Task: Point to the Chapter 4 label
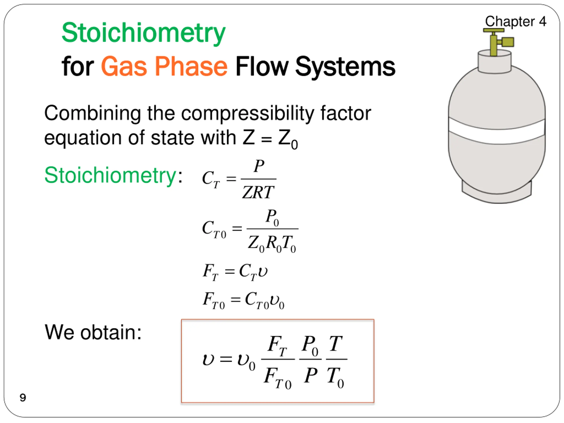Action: pos(515,21)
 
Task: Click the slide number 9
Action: pos(23,397)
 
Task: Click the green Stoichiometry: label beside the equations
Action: pos(113,175)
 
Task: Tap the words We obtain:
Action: pos(93,332)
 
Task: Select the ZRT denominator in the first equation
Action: pos(258,192)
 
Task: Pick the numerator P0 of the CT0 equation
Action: pos(272,217)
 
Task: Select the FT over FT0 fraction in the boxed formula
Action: pos(278,360)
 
